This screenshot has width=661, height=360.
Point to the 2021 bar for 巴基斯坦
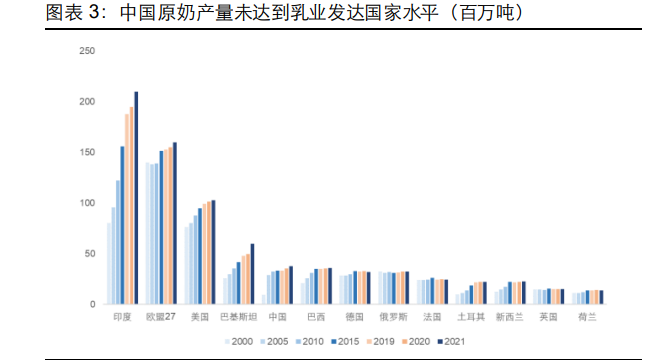252,274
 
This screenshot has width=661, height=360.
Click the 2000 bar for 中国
264,299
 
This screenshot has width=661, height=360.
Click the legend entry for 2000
237,341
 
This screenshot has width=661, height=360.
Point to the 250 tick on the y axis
87,51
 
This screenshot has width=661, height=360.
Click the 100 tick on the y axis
87,203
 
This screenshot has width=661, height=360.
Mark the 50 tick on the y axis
90,254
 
